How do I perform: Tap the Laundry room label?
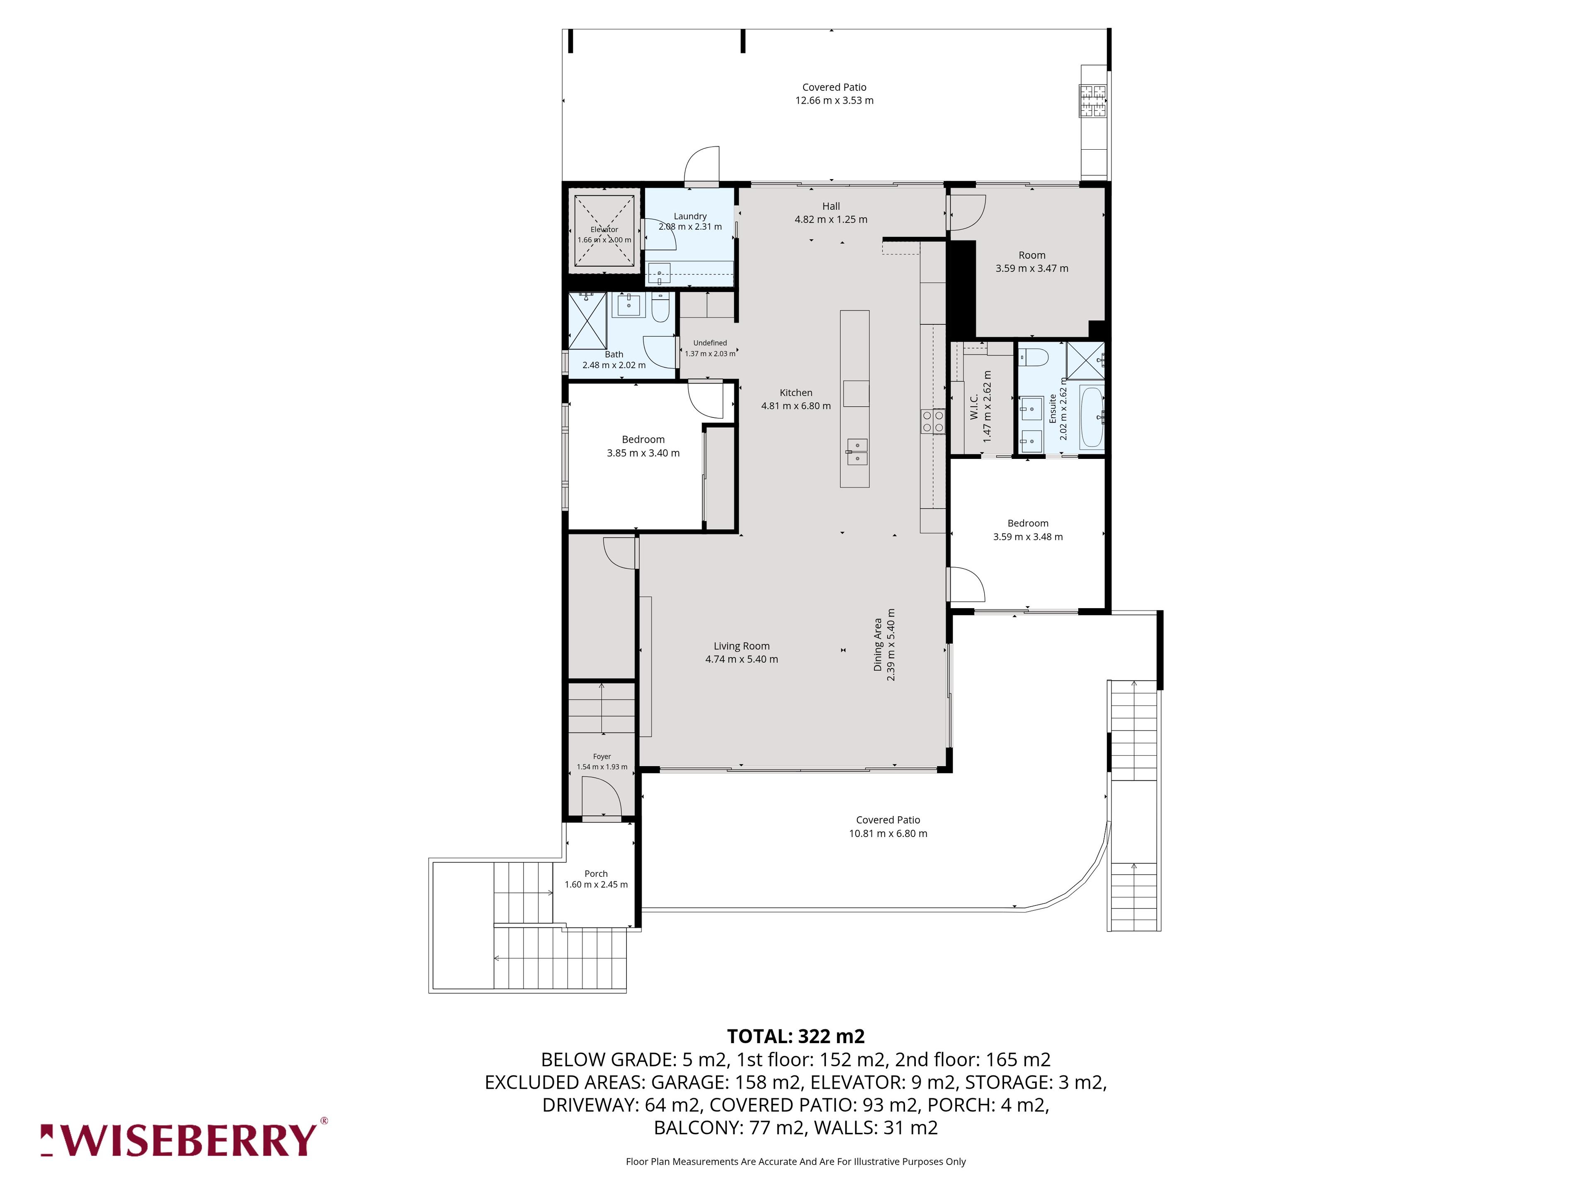[690, 216]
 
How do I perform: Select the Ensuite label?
[1052, 408]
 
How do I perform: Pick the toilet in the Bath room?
[660, 307]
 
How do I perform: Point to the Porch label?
[596, 874]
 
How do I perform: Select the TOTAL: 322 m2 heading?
[796, 1036]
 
